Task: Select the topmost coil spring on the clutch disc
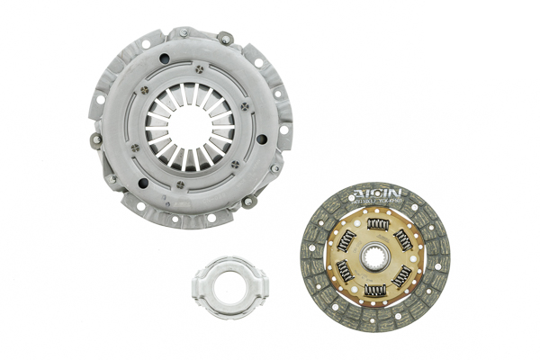point(379,223)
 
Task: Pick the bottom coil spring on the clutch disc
point(376,290)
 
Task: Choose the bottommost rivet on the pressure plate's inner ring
point(179,184)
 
